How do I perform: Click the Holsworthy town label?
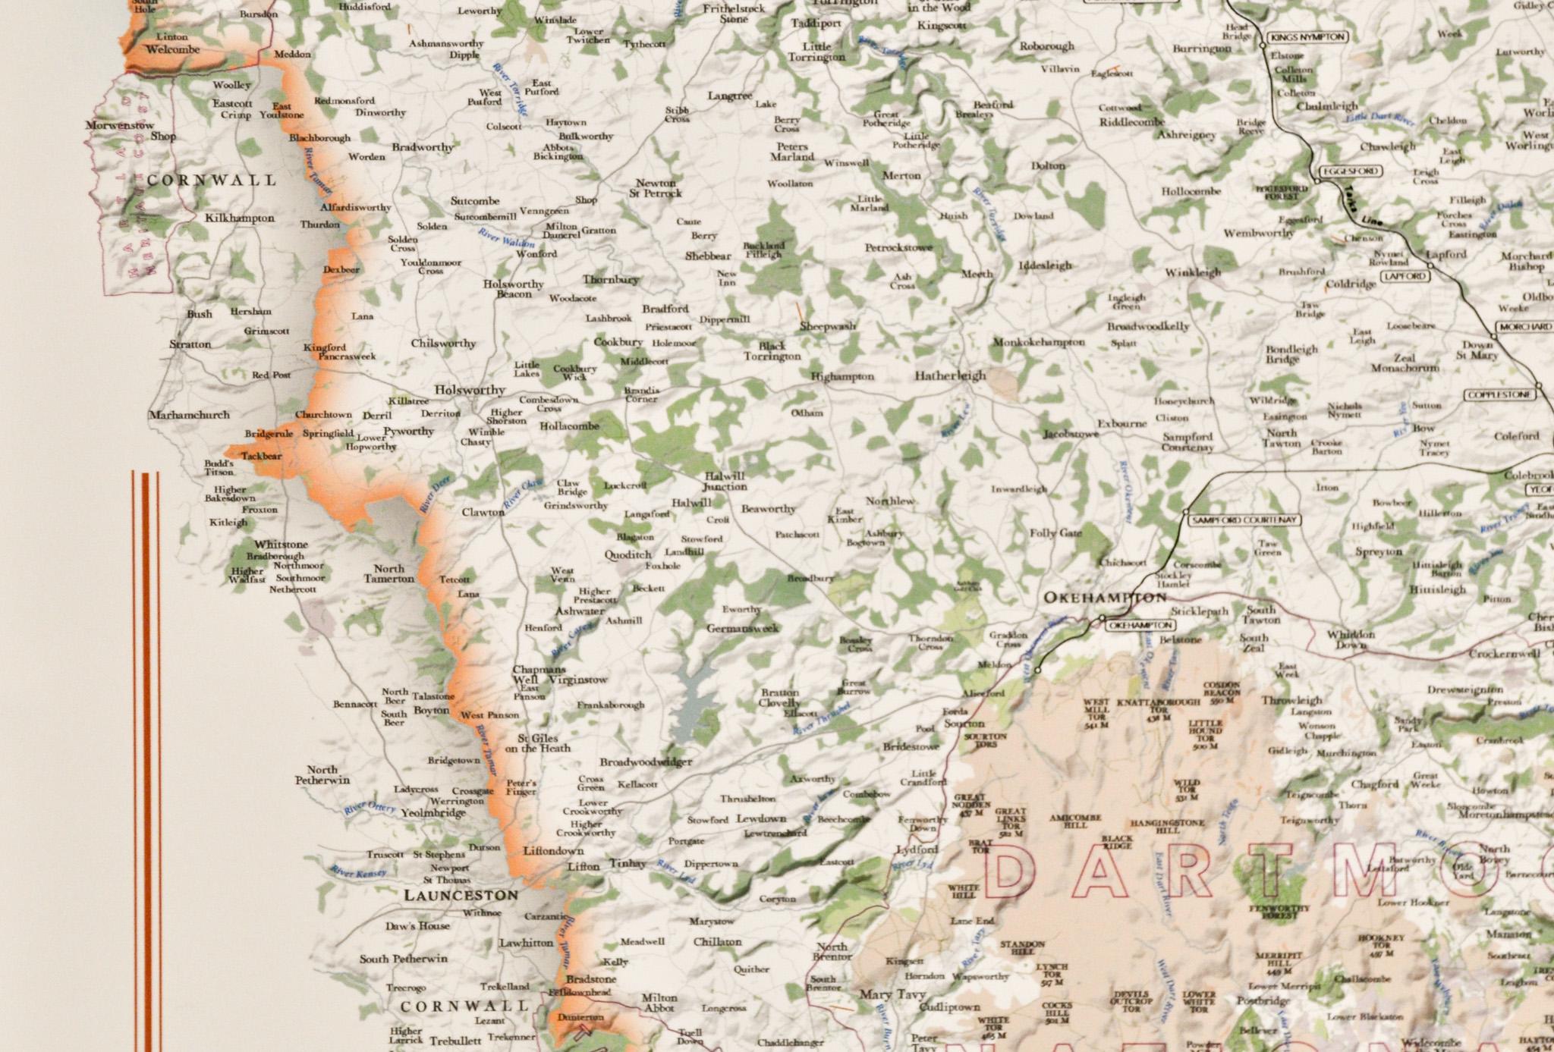(x=469, y=390)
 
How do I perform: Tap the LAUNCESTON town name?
(x=461, y=895)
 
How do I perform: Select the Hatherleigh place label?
(x=949, y=375)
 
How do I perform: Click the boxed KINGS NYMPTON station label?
(x=1307, y=37)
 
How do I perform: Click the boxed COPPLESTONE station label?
(x=1499, y=395)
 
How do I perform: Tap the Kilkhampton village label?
(x=240, y=218)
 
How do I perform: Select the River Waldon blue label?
(x=506, y=237)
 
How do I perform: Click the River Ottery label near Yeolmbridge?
(x=369, y=809)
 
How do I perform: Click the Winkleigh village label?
(x=1193, y=272)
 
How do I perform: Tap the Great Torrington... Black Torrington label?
(x=772, y=351)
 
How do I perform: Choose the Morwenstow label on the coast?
(x=119, y=125)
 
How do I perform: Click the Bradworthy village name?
(x=423, y=147)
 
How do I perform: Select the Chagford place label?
(x=1374, y=784)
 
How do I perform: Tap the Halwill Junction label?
(x=724, y=481)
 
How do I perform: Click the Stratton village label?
(x=190, y=344)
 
